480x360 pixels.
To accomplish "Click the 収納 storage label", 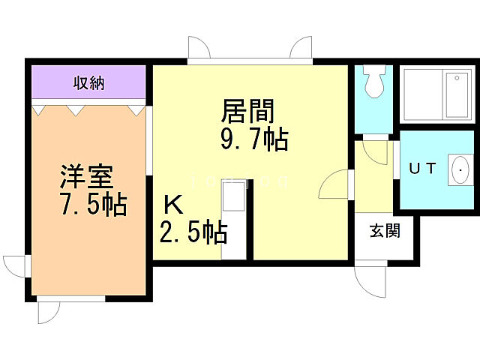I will (x=88, y=82).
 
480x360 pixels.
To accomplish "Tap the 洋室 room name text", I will (x=86, y=178).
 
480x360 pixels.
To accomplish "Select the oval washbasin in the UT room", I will (x=458, y=169).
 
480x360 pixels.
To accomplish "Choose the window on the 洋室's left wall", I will (x=16, y=265).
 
